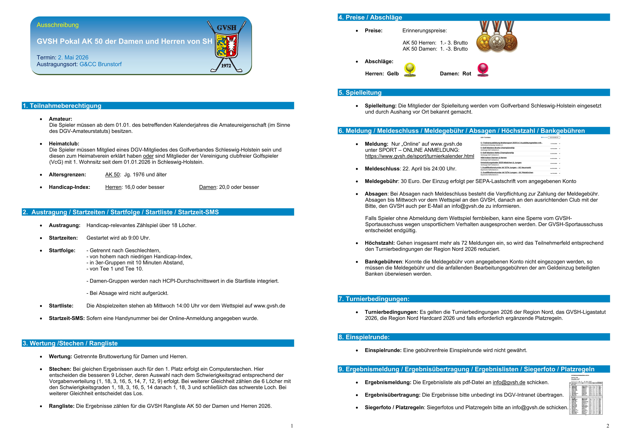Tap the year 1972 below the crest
226,66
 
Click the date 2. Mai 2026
73,58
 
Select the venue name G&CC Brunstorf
101,64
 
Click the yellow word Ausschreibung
58,25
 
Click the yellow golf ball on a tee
410,69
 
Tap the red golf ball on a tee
483,69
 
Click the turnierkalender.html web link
419,156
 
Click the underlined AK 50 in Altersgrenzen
112,175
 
